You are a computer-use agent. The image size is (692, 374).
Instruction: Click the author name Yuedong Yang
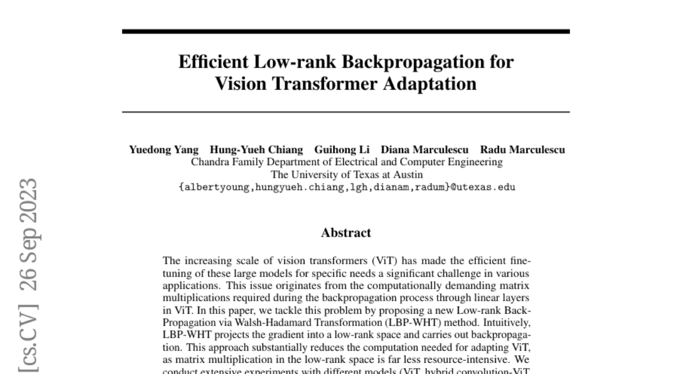163,150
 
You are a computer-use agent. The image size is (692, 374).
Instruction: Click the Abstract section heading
346,233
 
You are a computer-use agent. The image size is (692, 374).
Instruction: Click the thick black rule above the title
345,31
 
